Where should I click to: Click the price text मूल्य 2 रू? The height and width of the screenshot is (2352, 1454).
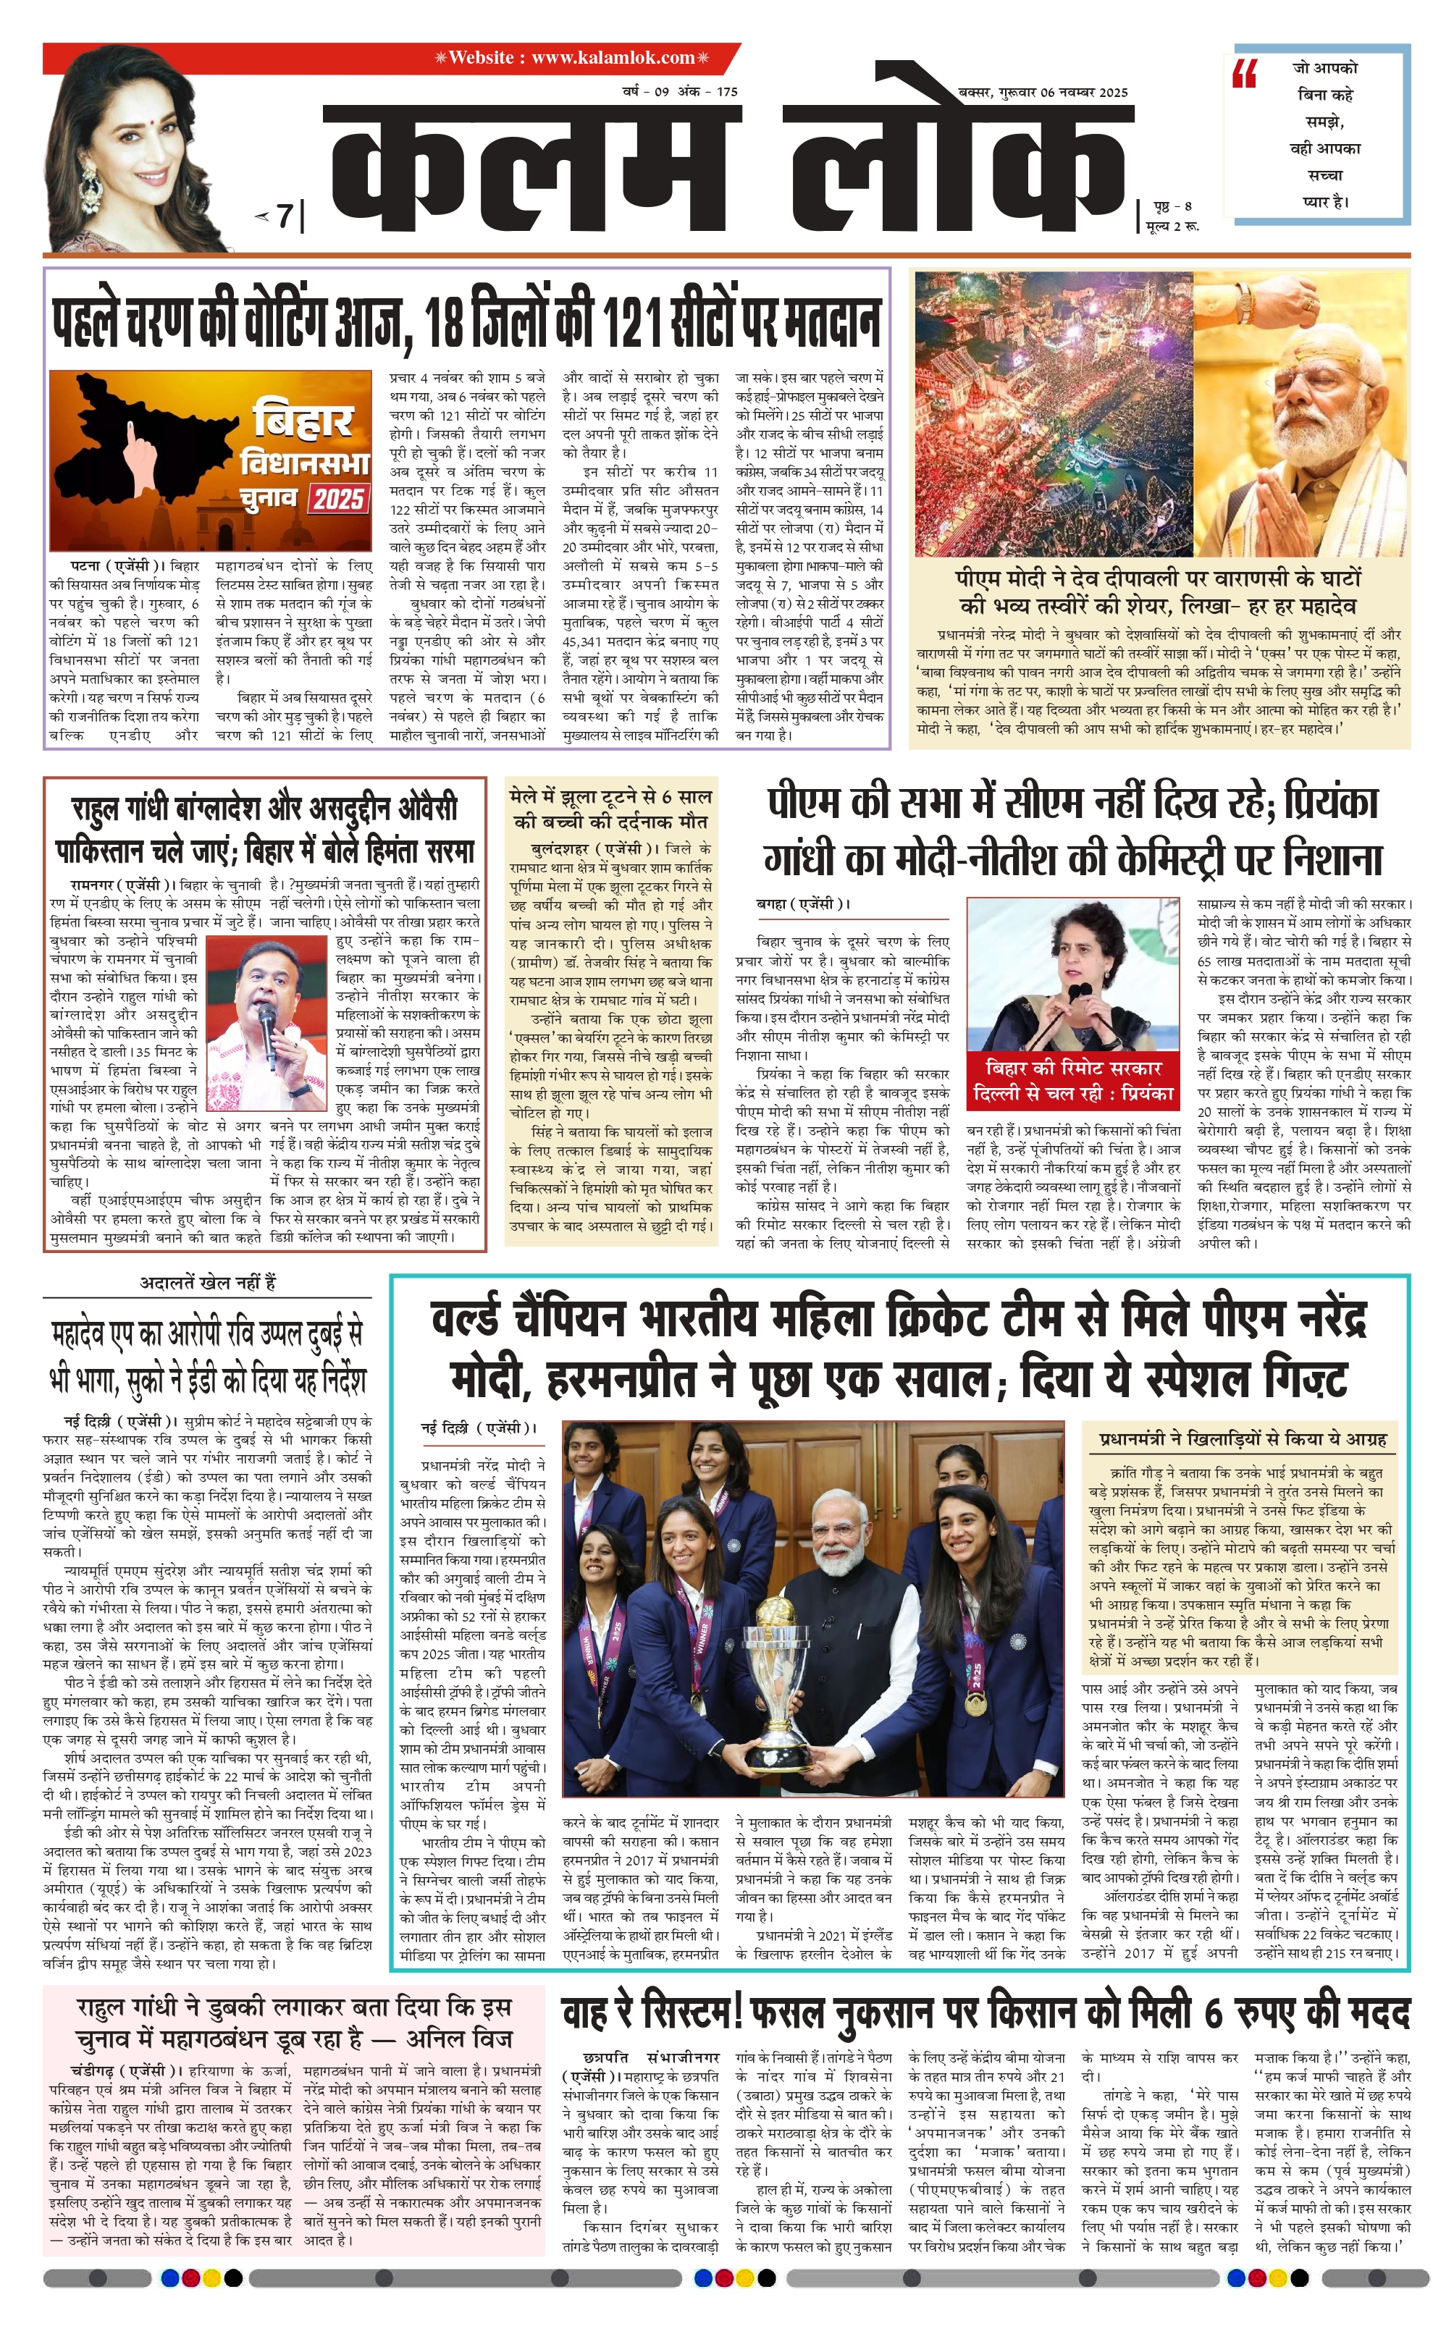(x=1172, y=225)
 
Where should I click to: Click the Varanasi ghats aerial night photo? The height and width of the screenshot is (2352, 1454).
(x=1053, y=413)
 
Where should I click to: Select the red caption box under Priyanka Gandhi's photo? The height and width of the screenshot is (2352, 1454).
(x=1072, y=1080)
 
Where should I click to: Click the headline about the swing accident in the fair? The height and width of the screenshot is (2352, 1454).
(x=610, y=809)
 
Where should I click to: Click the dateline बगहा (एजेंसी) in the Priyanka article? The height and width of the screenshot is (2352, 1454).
(x=804, y=903)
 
